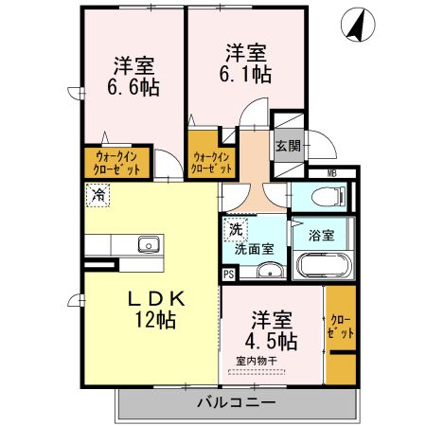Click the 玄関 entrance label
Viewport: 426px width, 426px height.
(x=288, y=146)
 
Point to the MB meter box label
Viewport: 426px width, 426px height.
(x=332, y=172)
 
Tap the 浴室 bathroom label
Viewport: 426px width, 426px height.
(x=320, y=235)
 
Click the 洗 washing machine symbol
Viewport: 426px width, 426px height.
(x=234, y=228)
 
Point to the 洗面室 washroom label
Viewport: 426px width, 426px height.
(x=255, y=249)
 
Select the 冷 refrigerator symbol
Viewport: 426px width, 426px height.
(x=98, y=195)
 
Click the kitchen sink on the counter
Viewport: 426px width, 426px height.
(x=148, y=246)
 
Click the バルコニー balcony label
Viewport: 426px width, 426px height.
(x=236, y=402)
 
